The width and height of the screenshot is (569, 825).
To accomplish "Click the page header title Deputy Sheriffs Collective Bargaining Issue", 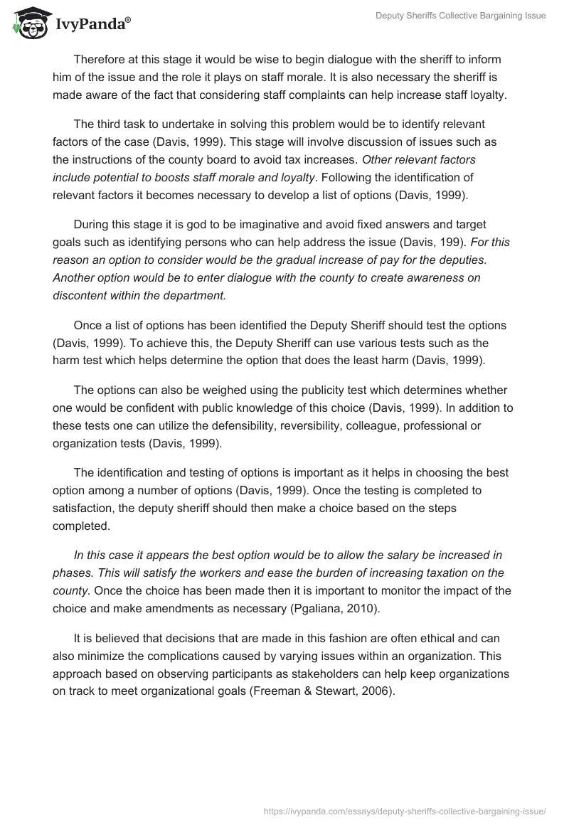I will pos(461,16).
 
